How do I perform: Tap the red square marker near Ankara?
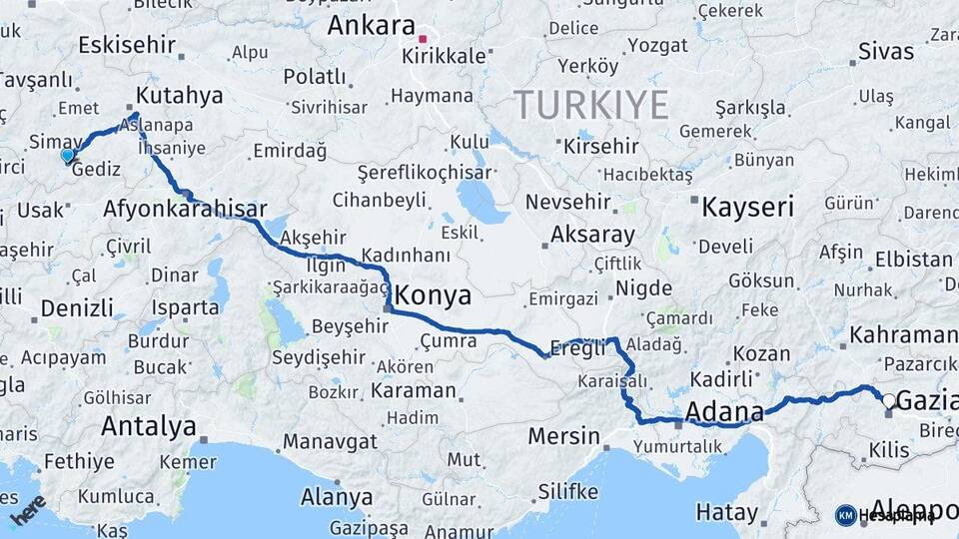(423, 39)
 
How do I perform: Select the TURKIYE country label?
(590, 104)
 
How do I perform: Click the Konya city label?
(433, 296)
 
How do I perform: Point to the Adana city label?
(724, 410)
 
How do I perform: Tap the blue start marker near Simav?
(67, 155)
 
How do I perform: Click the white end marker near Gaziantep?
(888, 400)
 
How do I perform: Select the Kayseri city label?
(747, 208)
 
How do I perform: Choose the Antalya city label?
(149, 426)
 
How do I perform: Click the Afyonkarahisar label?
(185, 210)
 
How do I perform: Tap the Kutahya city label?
(179, 96)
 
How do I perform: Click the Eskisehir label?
(126, 45)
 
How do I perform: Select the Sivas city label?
(886, 51)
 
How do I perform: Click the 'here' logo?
(28, 510)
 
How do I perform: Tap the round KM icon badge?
(845, 515)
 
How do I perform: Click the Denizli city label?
(77, 306)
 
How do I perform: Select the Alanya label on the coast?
(337, 496)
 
